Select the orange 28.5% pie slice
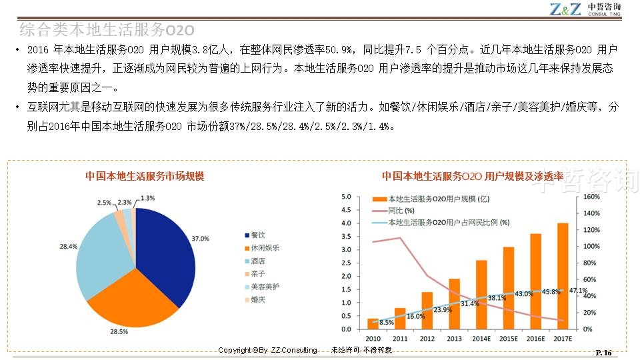[x=130, y=300]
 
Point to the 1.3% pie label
[x=147, y=198]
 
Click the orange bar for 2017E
[x=563, y=276]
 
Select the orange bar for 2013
[x=454, y=303]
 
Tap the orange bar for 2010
[x=373, y=324]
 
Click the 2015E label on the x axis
[x=509, y=339]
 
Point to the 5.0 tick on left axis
[x=345, y=197]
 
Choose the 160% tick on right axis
[x=592, y=197]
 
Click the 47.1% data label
[x=579, y=291]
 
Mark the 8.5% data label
[x=387, y=323]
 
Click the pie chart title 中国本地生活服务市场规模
[x=145, y=176]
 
